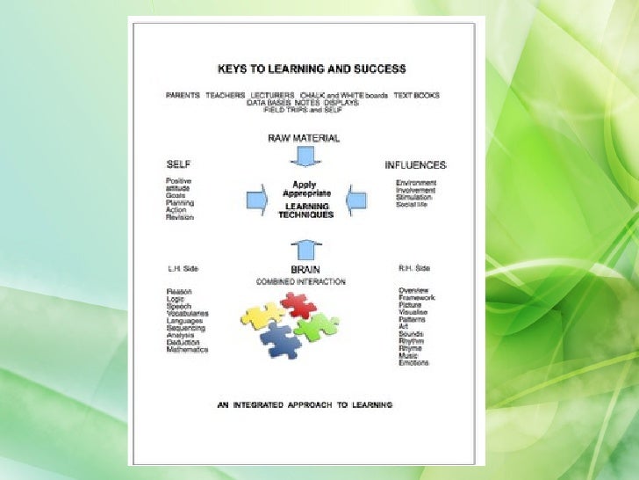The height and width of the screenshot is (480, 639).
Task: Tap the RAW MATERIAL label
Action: pyautogui.click(x=303, y=139)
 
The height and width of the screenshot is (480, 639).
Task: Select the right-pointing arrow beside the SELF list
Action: pyautogui.click(x=256, y=200)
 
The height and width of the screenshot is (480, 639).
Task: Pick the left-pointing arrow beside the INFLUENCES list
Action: pyautogui.click(x=355, y=200)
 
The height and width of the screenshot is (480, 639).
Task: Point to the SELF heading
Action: pyautogui.click(x=178, y=164)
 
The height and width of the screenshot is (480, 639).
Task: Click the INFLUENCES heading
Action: pyautogui.click(x=415, y=164)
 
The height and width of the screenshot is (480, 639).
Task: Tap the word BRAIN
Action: pyautogui.click(x=304, y=269)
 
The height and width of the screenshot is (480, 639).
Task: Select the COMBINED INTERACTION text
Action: pyautogui.click(x=300, y=281)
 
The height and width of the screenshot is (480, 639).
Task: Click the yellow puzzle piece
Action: pyautogui.click(x=262, y=315)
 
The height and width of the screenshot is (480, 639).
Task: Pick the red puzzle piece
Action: pyautogui.click(x=298, y=305)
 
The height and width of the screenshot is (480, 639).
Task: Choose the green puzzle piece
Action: pyautogui.click(x=316, y=328)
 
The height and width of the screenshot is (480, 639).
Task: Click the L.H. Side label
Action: pyautogui.click(x=181, y=269)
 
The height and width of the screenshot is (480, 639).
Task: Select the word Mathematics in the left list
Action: pyautogui.click(x=187, y=349)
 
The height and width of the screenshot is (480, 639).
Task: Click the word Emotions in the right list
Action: pyautogui.click(x=414, y=362)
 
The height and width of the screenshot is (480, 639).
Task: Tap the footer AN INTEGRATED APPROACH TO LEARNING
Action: pyautogui.click(x=305, y=404)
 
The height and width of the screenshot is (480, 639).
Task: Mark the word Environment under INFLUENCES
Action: pyautogui.click(x=416, y=183)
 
